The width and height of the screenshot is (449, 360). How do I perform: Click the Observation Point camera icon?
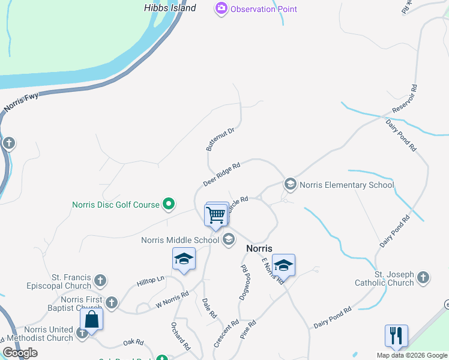(221, 8)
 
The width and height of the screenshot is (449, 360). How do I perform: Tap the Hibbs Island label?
(170, 8)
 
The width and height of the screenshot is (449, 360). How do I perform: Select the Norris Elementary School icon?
(291, 184)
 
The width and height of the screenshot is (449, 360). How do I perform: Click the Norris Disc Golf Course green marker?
(169, 205)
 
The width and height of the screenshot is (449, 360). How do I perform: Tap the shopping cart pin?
(215, 214)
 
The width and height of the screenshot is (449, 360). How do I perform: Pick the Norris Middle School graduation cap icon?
(228, 240)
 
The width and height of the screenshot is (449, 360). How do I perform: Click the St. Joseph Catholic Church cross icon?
(423, 277)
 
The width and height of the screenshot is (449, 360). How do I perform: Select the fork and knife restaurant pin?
(396, 335)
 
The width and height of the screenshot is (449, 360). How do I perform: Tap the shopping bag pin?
(91, 319)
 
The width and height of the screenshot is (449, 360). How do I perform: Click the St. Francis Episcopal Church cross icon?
(100, 280)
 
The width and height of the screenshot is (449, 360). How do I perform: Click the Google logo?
(20, 353)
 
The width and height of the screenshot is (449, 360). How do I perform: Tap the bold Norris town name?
(259, 248)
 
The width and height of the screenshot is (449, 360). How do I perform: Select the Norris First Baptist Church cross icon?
(112, 301)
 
